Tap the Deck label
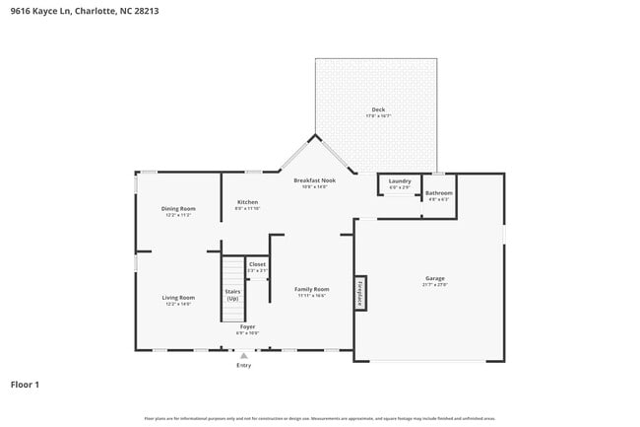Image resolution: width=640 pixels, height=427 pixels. [x=378, y=109]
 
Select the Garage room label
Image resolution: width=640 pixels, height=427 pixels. [x=435, y=279]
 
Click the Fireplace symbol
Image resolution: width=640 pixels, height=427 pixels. [x=360, y=293]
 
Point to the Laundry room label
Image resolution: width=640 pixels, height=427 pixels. [x=399, y=180]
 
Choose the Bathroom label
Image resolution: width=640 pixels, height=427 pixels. [x=438, y=192]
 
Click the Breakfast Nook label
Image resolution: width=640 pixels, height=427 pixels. [x=315, y=180]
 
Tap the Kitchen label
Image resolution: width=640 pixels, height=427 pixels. [x=247, y=202]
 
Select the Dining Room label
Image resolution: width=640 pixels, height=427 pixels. [x=178, y=208]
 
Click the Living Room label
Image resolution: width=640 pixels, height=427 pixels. [x=178, y=297]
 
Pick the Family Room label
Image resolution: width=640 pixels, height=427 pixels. [x=311, y=289]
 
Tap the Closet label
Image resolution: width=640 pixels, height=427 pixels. [x=257, y=264]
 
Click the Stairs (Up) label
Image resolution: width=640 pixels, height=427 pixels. [x=232, y=295]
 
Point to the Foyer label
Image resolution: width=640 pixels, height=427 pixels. [x=247, y=326]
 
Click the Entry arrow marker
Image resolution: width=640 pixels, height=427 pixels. [x=243, y=356]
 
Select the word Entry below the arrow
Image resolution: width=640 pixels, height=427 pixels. [x=243, y=366]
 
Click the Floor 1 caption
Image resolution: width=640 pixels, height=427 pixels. [x=25, y=384]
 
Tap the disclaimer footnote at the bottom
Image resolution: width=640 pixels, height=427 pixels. [x=320, y=418]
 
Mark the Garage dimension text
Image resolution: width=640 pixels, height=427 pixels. [x=435, y=285]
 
